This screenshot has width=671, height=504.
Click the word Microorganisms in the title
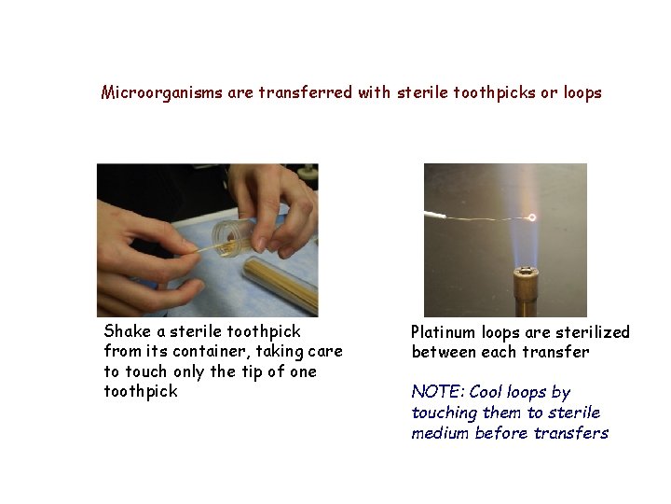point(162,92)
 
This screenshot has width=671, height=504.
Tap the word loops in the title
point(582,92)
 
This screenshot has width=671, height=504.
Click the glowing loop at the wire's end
point(532,217)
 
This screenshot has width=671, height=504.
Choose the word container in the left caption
point(220,351)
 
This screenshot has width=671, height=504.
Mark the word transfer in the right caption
point(562,352)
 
